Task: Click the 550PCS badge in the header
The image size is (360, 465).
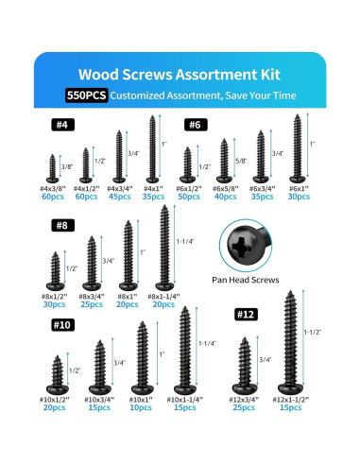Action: [86, 95]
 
